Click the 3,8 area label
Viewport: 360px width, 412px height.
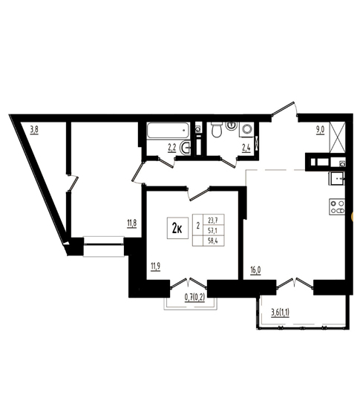(x=34, y=130)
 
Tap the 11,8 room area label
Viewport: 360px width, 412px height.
(x=132, y=224)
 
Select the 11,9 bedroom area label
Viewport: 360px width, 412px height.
(x=156, y=267)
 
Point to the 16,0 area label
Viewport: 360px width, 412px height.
(x=255, y=270)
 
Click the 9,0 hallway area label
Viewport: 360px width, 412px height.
(x=321, y=130)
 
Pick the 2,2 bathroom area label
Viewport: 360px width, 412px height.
(x=172, y=148)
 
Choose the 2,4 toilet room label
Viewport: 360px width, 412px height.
(x=246, y=148)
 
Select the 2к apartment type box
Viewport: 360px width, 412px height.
(x=177, y=229)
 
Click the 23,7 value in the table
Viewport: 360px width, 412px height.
(x=212, y=220)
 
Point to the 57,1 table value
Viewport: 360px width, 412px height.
(x=212, y=230)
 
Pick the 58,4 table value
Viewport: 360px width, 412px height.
(x=212, y=241)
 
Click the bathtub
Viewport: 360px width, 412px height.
(x=168, y=130)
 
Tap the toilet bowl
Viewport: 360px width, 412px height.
(x=217, y=129)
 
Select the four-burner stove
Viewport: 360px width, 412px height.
(x=337, y=207)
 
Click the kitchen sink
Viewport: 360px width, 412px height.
(x=336, y=178)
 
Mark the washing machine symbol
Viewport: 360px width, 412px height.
(x=246, y=129)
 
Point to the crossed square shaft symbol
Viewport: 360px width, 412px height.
(x=337, y=137)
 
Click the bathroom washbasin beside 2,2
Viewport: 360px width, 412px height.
(x=185, y=148)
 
